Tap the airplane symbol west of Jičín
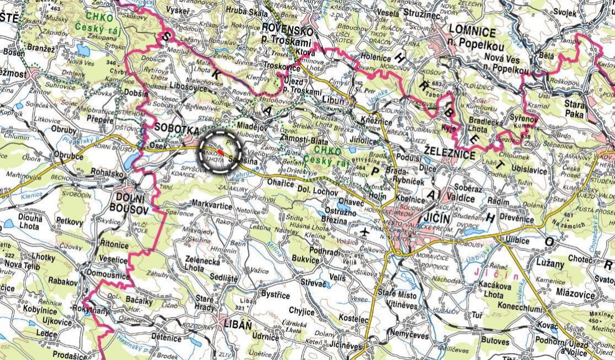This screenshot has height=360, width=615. (364, 233)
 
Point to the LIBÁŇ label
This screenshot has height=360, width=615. (237, 322)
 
